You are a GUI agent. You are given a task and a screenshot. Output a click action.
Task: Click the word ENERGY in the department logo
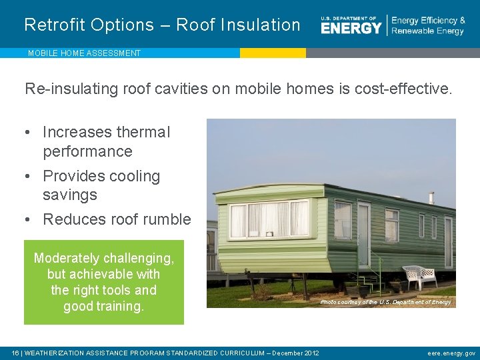[351, 27]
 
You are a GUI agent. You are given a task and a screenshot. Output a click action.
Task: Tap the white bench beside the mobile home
[419, 275]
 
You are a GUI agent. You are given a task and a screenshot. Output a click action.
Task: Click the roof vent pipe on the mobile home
[431, 198]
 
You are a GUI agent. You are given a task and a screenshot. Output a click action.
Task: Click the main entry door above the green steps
[363, 235]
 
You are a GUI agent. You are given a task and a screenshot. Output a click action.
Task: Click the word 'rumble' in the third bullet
[167, 219]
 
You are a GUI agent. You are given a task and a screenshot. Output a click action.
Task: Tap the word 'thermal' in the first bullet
[143, 133]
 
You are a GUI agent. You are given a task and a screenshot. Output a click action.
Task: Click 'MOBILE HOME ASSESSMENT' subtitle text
[84, 53]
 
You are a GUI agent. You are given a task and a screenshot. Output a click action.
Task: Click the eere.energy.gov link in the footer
[451, 353]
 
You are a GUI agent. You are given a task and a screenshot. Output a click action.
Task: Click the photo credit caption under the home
[385, 302]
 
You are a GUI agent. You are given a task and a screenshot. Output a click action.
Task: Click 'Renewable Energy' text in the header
[427, 31]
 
